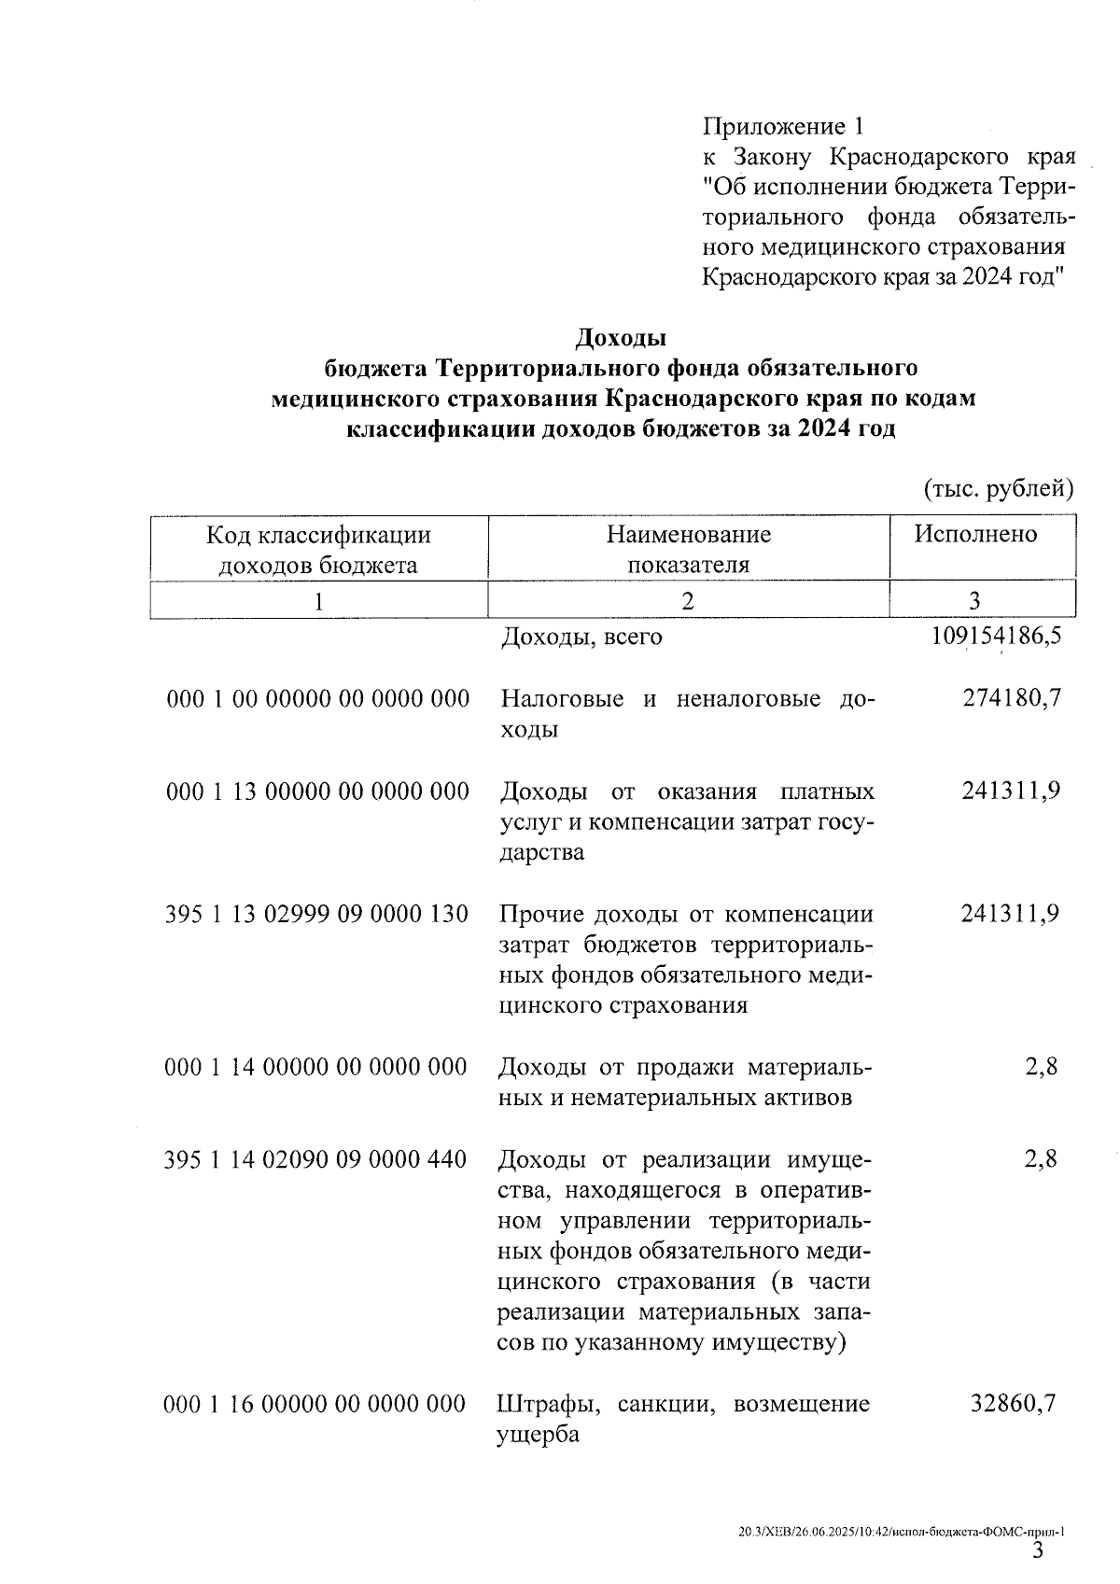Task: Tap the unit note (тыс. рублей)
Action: [x=998, y=488]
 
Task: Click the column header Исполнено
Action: [x=975, y=534]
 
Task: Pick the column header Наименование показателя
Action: [x=688, y=549]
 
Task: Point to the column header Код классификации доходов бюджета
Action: [x=318, y=549]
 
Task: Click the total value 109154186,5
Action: [x=996, y=637]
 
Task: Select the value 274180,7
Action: [x=1011, y=698]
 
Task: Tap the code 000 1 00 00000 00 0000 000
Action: [x=317, y=699]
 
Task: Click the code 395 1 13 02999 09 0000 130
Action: [x=316, y=914]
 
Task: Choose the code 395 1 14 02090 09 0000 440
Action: [x=315, y=1159]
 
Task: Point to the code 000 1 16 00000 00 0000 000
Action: [x=315, y=1405]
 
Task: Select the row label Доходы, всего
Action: [x=581, y=637]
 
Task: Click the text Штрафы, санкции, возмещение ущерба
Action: [x=683, y=1419]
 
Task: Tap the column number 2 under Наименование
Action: [x=688, y=600]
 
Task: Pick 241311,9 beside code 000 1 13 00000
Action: [x=1011, y=791]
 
